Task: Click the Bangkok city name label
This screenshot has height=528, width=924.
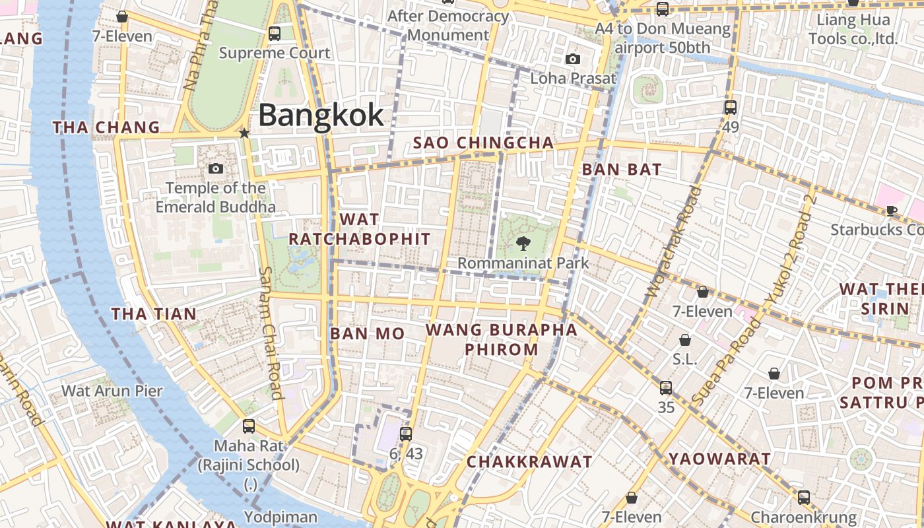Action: pos(321,115)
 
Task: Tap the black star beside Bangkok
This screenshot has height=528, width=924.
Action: pos(244,133)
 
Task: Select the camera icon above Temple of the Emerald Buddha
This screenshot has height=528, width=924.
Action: pos(215,169)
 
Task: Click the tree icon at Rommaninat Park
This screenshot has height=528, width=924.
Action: pos(523,244)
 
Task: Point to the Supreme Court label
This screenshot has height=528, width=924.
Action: pos(275,53)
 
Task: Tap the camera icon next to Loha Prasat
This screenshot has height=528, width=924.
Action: pos(573,59)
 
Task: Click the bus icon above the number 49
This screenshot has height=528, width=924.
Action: pos(730,107)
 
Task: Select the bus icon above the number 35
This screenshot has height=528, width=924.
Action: pos(666,387)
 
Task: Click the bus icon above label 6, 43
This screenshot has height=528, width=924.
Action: pos(405,434)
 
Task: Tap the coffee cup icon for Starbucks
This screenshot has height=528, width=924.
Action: pos(891,211)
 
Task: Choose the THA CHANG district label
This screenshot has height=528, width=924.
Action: pos(106,127)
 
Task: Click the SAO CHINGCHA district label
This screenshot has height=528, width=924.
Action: pos(483,143)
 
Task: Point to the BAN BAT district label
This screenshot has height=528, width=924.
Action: pos(621,170)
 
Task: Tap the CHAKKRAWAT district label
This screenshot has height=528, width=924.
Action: pos(529,462)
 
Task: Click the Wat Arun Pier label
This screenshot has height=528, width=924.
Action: pos(112,391)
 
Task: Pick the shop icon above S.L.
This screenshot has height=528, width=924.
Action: pos(685,340)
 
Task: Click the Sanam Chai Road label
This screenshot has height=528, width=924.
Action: pos(270,332)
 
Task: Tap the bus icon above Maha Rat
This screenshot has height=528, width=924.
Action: pos(249,426)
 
